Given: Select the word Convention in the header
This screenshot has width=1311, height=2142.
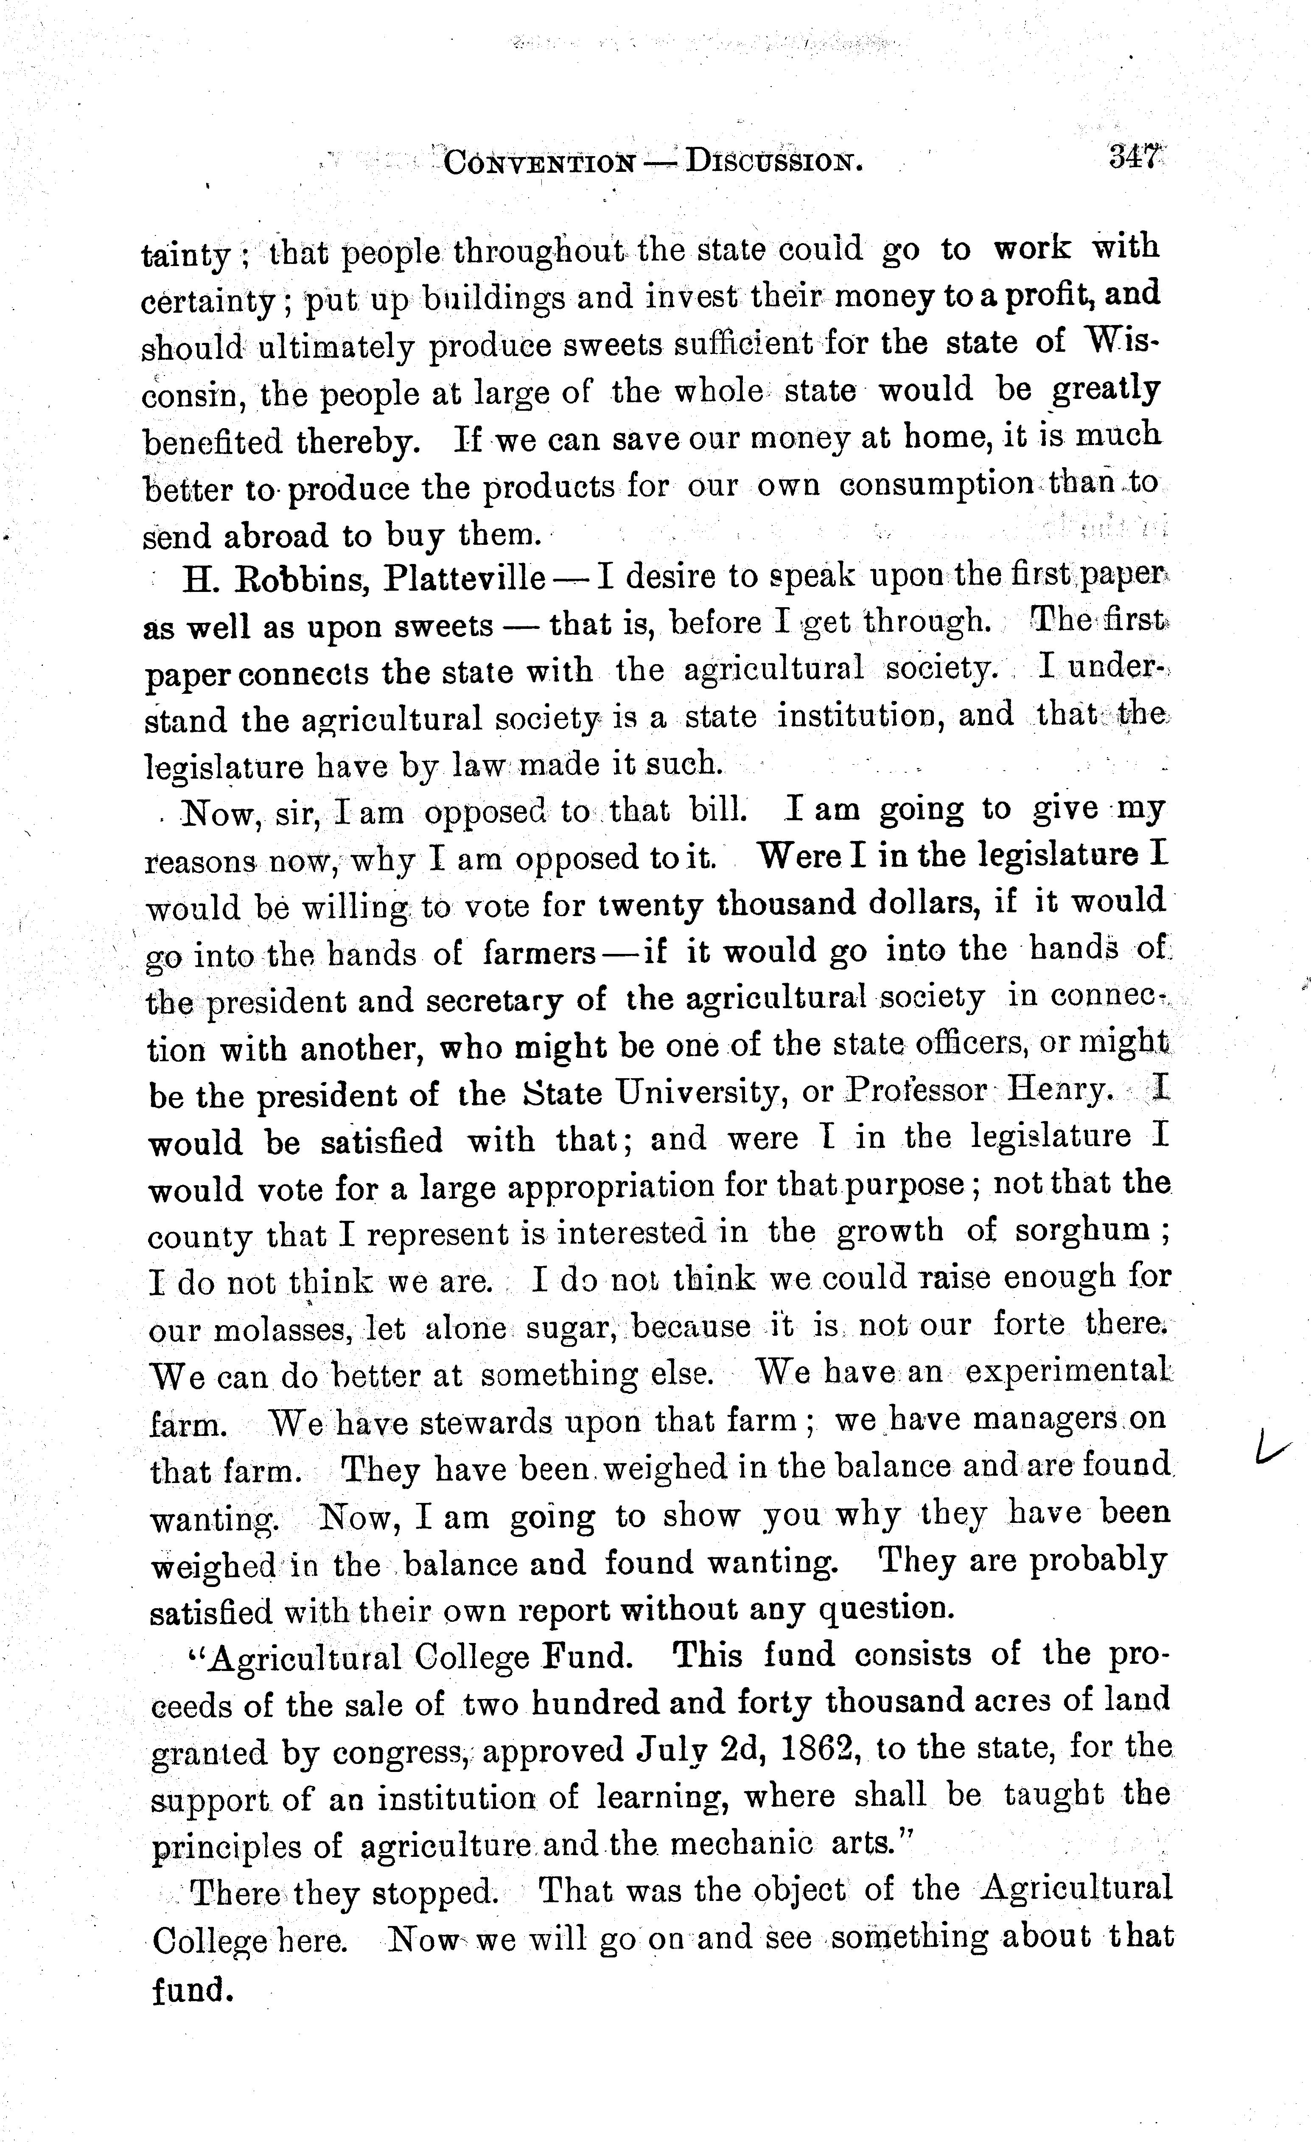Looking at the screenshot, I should coord(539,163).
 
